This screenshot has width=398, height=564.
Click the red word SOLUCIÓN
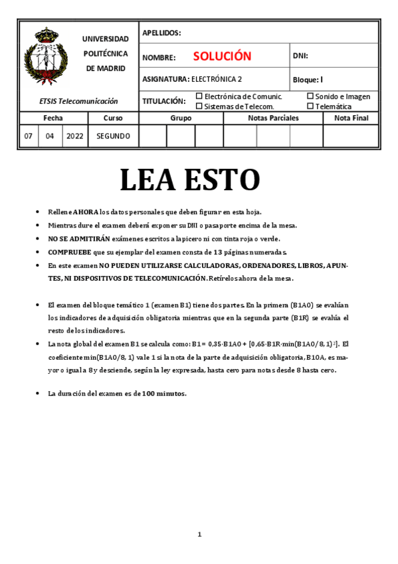222,57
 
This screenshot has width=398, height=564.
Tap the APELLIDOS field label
161,33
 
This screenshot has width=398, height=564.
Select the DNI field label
300,57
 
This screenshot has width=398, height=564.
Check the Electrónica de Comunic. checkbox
199,96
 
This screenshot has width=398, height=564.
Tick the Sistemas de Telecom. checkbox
199,106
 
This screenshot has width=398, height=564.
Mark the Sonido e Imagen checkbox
310,96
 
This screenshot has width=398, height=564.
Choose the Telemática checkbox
310,106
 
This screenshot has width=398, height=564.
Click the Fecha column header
53,118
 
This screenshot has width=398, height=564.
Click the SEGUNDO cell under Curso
113,136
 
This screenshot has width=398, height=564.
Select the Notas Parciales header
273,118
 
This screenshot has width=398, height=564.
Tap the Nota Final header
351,118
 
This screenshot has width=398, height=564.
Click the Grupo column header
181,118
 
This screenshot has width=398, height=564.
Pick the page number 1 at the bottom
199,534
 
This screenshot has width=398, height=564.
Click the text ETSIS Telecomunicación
78,101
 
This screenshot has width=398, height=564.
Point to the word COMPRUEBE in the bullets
69,252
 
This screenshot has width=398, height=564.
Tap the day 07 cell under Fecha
29,136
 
